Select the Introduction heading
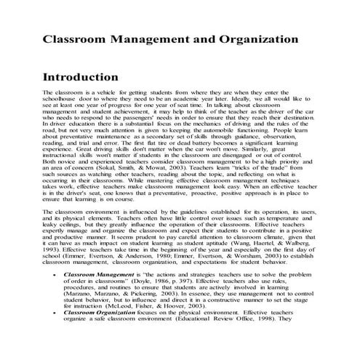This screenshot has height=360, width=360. point(89,76)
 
